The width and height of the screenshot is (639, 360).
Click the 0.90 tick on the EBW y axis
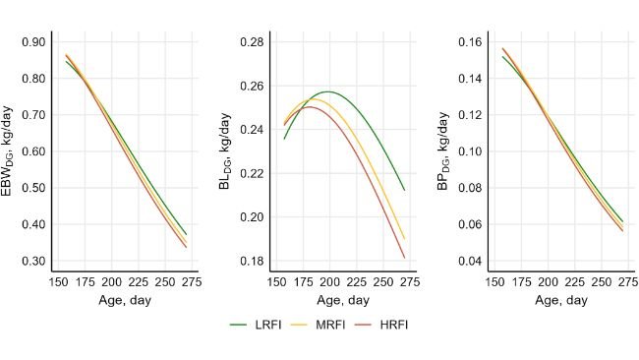click(33, 42)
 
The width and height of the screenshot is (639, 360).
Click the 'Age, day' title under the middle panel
click(342, 300)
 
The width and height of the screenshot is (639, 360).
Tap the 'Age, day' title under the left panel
click(125, 300)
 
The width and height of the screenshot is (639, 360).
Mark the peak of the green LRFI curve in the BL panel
click(328, 91)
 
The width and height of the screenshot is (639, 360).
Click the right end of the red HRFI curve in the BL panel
click(404, 258)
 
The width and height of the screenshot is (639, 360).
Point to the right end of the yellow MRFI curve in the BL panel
click(404, 238)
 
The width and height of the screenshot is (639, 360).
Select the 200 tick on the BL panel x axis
click(329, 282)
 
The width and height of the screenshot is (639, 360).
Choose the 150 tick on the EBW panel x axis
click(58, 282)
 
